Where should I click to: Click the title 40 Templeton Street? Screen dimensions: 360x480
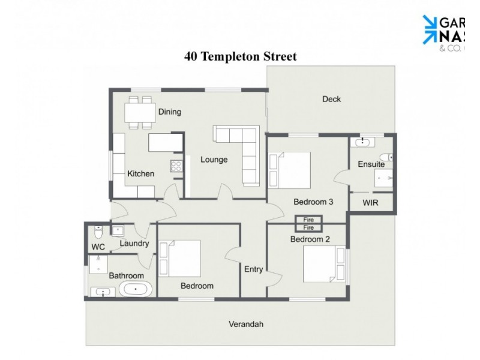click(x=240, y=57)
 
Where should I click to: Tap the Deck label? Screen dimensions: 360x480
click(x=331, y=99)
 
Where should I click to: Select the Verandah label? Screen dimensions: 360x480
click(x=246, y=324)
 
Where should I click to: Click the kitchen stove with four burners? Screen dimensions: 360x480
click(x=176, y=166)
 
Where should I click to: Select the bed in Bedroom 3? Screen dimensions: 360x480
click(x=291, y=170)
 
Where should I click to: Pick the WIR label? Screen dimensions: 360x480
click(x=371, y=203)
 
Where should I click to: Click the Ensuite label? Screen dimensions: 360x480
click(x=371, y=164)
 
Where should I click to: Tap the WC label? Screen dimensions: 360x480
click(x=98, y=247)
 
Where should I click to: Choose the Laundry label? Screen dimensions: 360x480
click(x=134, y=244)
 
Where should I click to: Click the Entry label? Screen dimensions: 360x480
click(x=253, y=269)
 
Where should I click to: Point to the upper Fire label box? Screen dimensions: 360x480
click(x=308, y=220)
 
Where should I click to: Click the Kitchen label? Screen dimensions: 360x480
click(x=140, y=174)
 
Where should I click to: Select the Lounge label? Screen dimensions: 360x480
click(x=214, y=160)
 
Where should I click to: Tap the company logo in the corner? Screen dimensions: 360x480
click(x=450, y=30)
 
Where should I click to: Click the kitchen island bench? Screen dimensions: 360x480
click(x=166, y=142)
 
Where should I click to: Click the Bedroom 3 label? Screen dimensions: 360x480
click(x=313, y=202)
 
